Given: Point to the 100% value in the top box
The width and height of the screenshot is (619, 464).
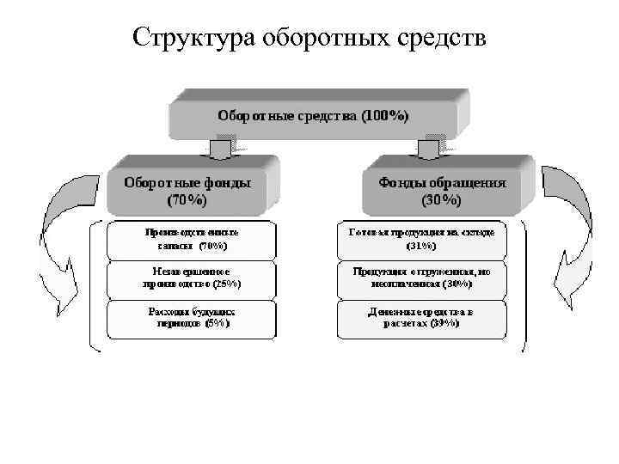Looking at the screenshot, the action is click(383, 115).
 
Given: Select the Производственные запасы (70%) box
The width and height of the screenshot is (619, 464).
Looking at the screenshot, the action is click(191, 239).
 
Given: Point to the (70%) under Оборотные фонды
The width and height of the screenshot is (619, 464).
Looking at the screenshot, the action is click(187, 200).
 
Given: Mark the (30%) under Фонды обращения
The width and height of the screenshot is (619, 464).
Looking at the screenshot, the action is click(442, 200).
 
